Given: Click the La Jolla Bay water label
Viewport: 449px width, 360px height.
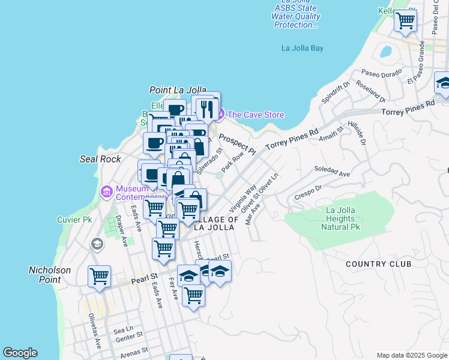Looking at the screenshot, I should pos(303,48).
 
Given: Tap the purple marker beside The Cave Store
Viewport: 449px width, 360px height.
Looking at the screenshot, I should pos(220,115).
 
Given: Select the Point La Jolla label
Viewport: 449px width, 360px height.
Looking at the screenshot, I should pos(173,90).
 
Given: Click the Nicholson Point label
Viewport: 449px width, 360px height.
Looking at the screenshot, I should pos(50,275).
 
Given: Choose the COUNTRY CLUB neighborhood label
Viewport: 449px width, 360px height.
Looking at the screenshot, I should pos(379,264).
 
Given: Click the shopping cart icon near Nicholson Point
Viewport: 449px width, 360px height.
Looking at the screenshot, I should pos(99,276).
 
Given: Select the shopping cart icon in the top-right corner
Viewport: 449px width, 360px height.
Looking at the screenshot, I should pos(406,20).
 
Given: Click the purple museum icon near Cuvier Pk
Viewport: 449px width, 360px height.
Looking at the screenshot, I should pos(107,192).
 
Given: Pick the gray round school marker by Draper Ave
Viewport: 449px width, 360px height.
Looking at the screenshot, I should pos(97,244).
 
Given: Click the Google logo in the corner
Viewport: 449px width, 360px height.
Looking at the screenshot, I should pos(20,353).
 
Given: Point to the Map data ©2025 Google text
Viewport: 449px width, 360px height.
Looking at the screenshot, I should pos(411,355).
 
